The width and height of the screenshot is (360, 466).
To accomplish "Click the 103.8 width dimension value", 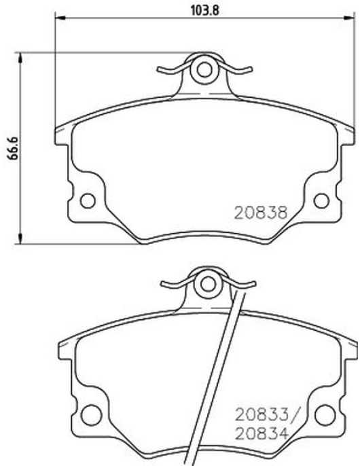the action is (x=204, y=11).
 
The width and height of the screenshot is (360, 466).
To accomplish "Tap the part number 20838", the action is (x=262, y=213).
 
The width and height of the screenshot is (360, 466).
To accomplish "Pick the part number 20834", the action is (x=262, y=433).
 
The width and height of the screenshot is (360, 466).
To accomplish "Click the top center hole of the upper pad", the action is (x=204, y=70).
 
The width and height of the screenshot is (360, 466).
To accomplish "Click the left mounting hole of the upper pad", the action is (x=88, y=200).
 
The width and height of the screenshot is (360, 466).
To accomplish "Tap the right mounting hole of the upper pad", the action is (x=322, y=200).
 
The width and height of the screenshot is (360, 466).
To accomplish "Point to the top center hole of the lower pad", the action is (x=208, y=284).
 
